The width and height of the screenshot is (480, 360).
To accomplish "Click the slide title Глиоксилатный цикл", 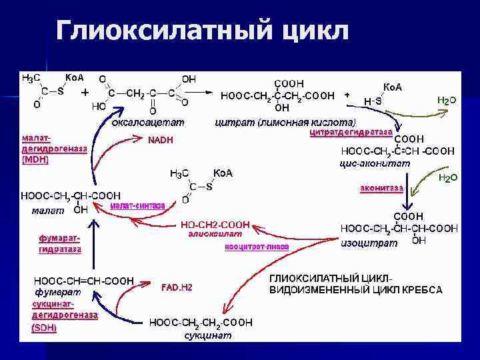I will click(x=202, y=31).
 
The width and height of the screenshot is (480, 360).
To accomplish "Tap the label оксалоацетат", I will click(x=148, y=122).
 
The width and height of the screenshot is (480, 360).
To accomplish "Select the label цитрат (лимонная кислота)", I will click(x=286, y=122).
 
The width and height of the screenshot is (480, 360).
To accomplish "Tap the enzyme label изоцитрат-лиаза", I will click(x=257, y=246).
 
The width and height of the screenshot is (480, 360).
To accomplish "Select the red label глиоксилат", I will click(x=209, y=234).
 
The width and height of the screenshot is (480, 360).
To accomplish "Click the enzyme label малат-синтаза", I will click(x=138, y=205).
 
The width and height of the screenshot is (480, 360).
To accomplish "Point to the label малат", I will click(x=48, y=211).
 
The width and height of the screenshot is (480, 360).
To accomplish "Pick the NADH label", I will click(x=160, y=140).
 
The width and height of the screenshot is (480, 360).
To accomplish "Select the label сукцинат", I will click(x=208, y=336).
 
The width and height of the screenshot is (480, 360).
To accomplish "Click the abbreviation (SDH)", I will click(x=44, y=327).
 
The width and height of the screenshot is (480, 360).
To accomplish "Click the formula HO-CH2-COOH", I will click(x=215, y=225).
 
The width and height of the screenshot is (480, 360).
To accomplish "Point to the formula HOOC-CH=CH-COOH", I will click(x=84, y=281).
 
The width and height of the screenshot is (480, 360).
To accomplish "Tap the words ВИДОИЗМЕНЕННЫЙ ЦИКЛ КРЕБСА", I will click(x=355, y=290).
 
